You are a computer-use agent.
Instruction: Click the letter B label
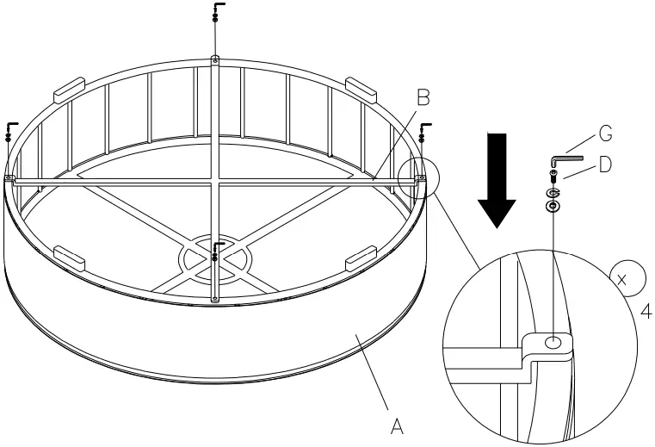[x=423, y=96]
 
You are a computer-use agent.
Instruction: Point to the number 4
[x=644, y=311]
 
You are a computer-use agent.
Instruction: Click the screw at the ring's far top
[x=214, y=12]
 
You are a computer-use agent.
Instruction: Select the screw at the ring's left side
[x=10, y=131]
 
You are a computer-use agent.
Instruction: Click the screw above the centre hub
[x=214, y=252]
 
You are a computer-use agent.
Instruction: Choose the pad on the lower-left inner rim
[x=69, y=254]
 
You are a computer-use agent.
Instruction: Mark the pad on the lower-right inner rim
[x=359, y=256]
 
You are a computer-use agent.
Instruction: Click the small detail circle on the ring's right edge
[x=419, y=179]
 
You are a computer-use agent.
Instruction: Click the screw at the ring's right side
[x=423, y=131]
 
